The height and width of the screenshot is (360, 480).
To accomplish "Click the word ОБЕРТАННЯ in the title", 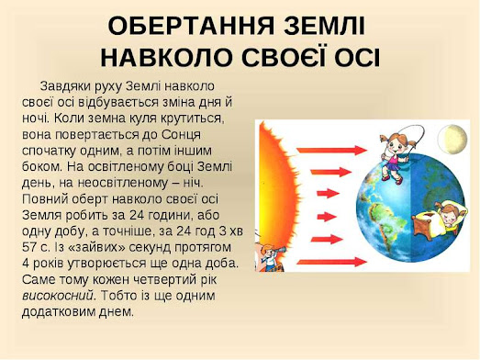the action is [x=191, y=27].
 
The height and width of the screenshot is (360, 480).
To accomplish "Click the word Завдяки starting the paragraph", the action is [x=61, y=86].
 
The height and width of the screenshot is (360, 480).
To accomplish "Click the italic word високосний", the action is [x=58, y=296].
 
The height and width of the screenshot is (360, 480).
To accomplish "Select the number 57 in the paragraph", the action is [x=29, y=247].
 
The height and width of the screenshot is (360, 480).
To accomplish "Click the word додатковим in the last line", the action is [x=59, y=312].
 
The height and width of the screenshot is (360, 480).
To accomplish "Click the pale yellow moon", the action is [x=452, y=139].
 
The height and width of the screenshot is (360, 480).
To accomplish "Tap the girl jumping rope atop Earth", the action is [x=394, y=156].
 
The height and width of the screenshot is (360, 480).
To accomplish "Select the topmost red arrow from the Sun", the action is [x=332, y=150].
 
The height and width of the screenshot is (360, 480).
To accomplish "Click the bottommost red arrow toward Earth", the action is [x=332, y=262].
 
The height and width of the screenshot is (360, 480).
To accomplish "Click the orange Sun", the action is [x=277, y=192].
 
